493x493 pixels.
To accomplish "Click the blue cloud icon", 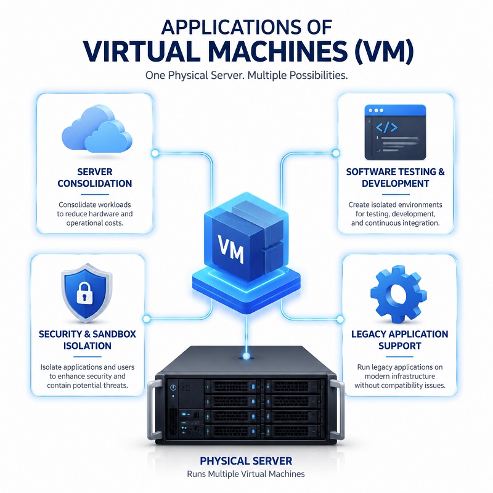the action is (97, 129).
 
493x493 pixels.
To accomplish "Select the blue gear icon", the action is (398, 294).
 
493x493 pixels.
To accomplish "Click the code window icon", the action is (395, 132).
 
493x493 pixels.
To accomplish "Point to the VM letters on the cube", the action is (230, 249).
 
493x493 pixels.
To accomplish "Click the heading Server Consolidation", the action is (95, 177).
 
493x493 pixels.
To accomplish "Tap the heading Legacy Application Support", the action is (399, 340).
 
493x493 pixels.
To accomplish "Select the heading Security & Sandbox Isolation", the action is (88, 340).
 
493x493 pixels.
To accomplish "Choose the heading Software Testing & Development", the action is (395, 177).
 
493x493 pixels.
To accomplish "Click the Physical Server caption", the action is (246, 461).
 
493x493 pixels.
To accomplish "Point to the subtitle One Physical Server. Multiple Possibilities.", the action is (246, 75).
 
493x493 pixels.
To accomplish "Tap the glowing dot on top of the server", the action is (246, 356).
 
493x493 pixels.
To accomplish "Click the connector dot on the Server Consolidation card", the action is (155, 153).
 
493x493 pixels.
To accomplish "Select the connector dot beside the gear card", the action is (340, 319).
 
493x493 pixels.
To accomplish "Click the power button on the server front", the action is (173, 388).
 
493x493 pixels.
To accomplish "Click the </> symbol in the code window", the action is (386, 127).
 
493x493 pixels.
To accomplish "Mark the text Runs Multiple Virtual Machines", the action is (246, 474).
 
